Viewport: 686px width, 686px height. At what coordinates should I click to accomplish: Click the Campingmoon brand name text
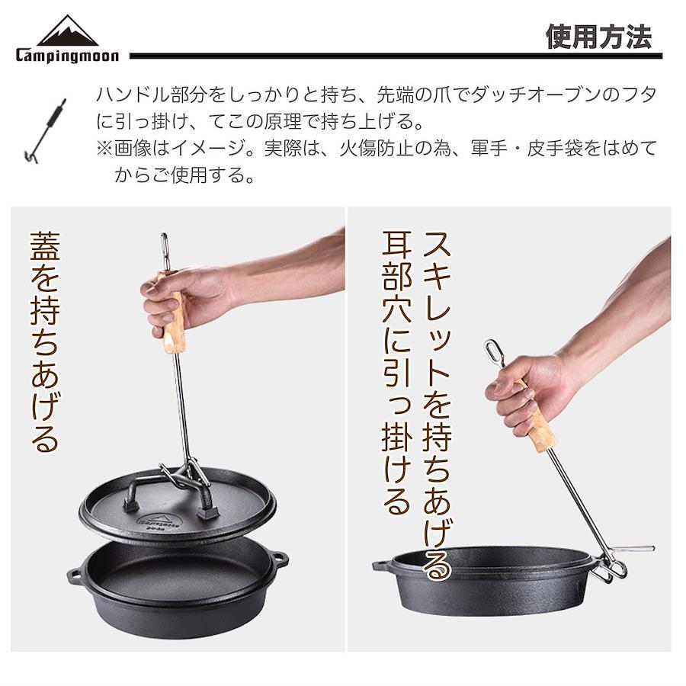click(x=67, y=56)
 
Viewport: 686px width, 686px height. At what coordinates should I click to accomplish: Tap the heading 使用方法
click(x=599, y=37)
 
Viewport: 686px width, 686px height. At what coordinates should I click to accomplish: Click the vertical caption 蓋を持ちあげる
click(x=45, y=341)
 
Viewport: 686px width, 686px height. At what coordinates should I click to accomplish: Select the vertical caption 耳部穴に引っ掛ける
click(x=397, y=372)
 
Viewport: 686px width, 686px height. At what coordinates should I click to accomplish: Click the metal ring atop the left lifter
click(x=165, y=252)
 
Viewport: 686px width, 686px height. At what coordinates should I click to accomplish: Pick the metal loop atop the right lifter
click(x=493, y=353)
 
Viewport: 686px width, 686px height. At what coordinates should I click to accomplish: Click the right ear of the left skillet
click(x=280, y=559)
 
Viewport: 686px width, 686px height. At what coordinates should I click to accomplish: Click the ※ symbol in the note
click(x=104, y=149)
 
